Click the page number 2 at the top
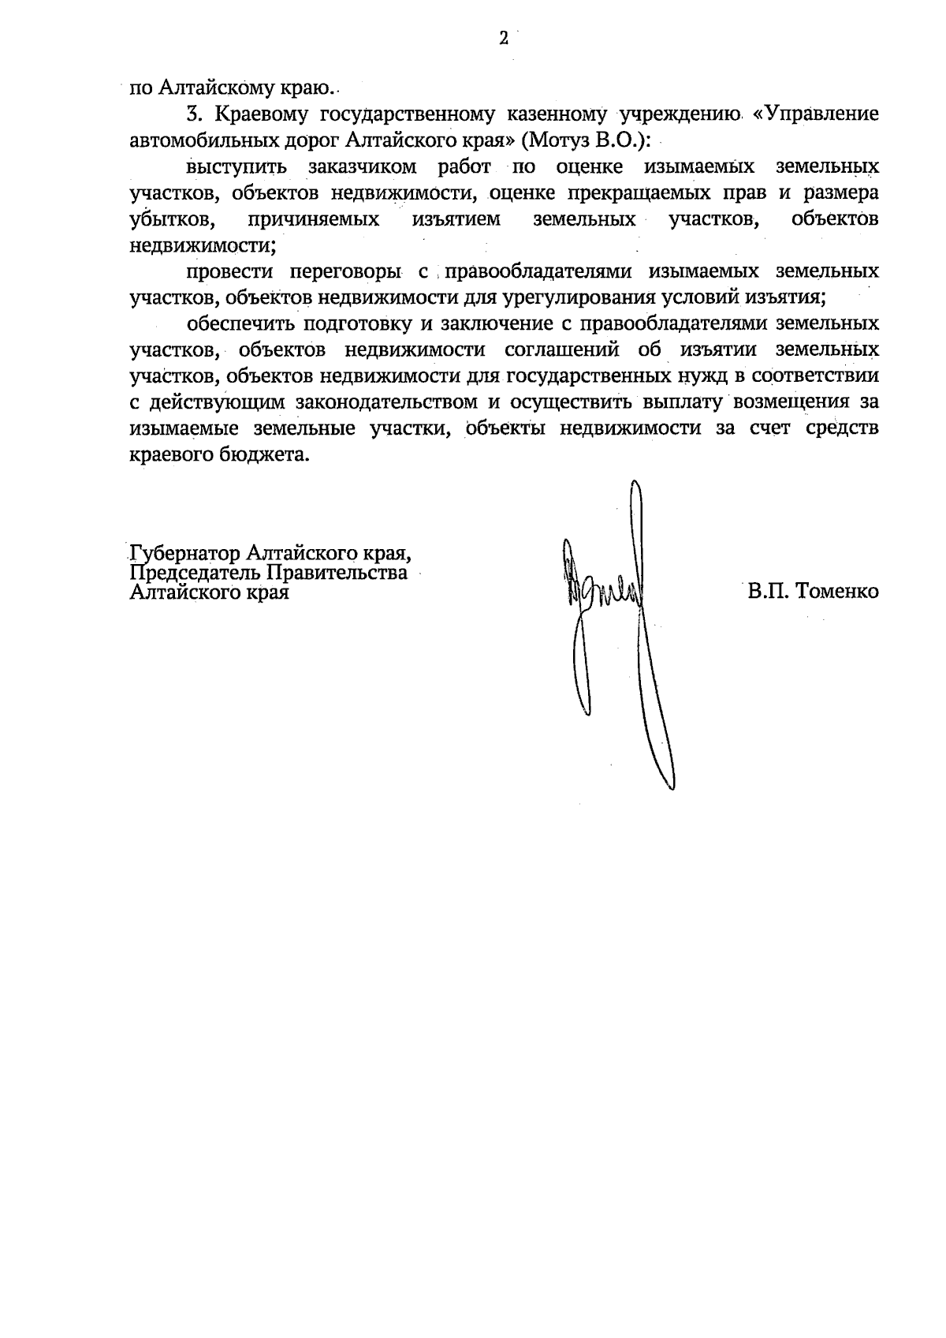503,38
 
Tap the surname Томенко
837,591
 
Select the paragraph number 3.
193,114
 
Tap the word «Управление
816,114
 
